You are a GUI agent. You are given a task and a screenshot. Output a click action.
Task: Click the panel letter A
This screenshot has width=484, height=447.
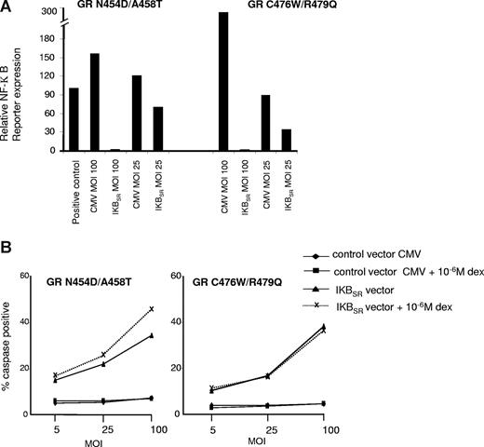[8, 8]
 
